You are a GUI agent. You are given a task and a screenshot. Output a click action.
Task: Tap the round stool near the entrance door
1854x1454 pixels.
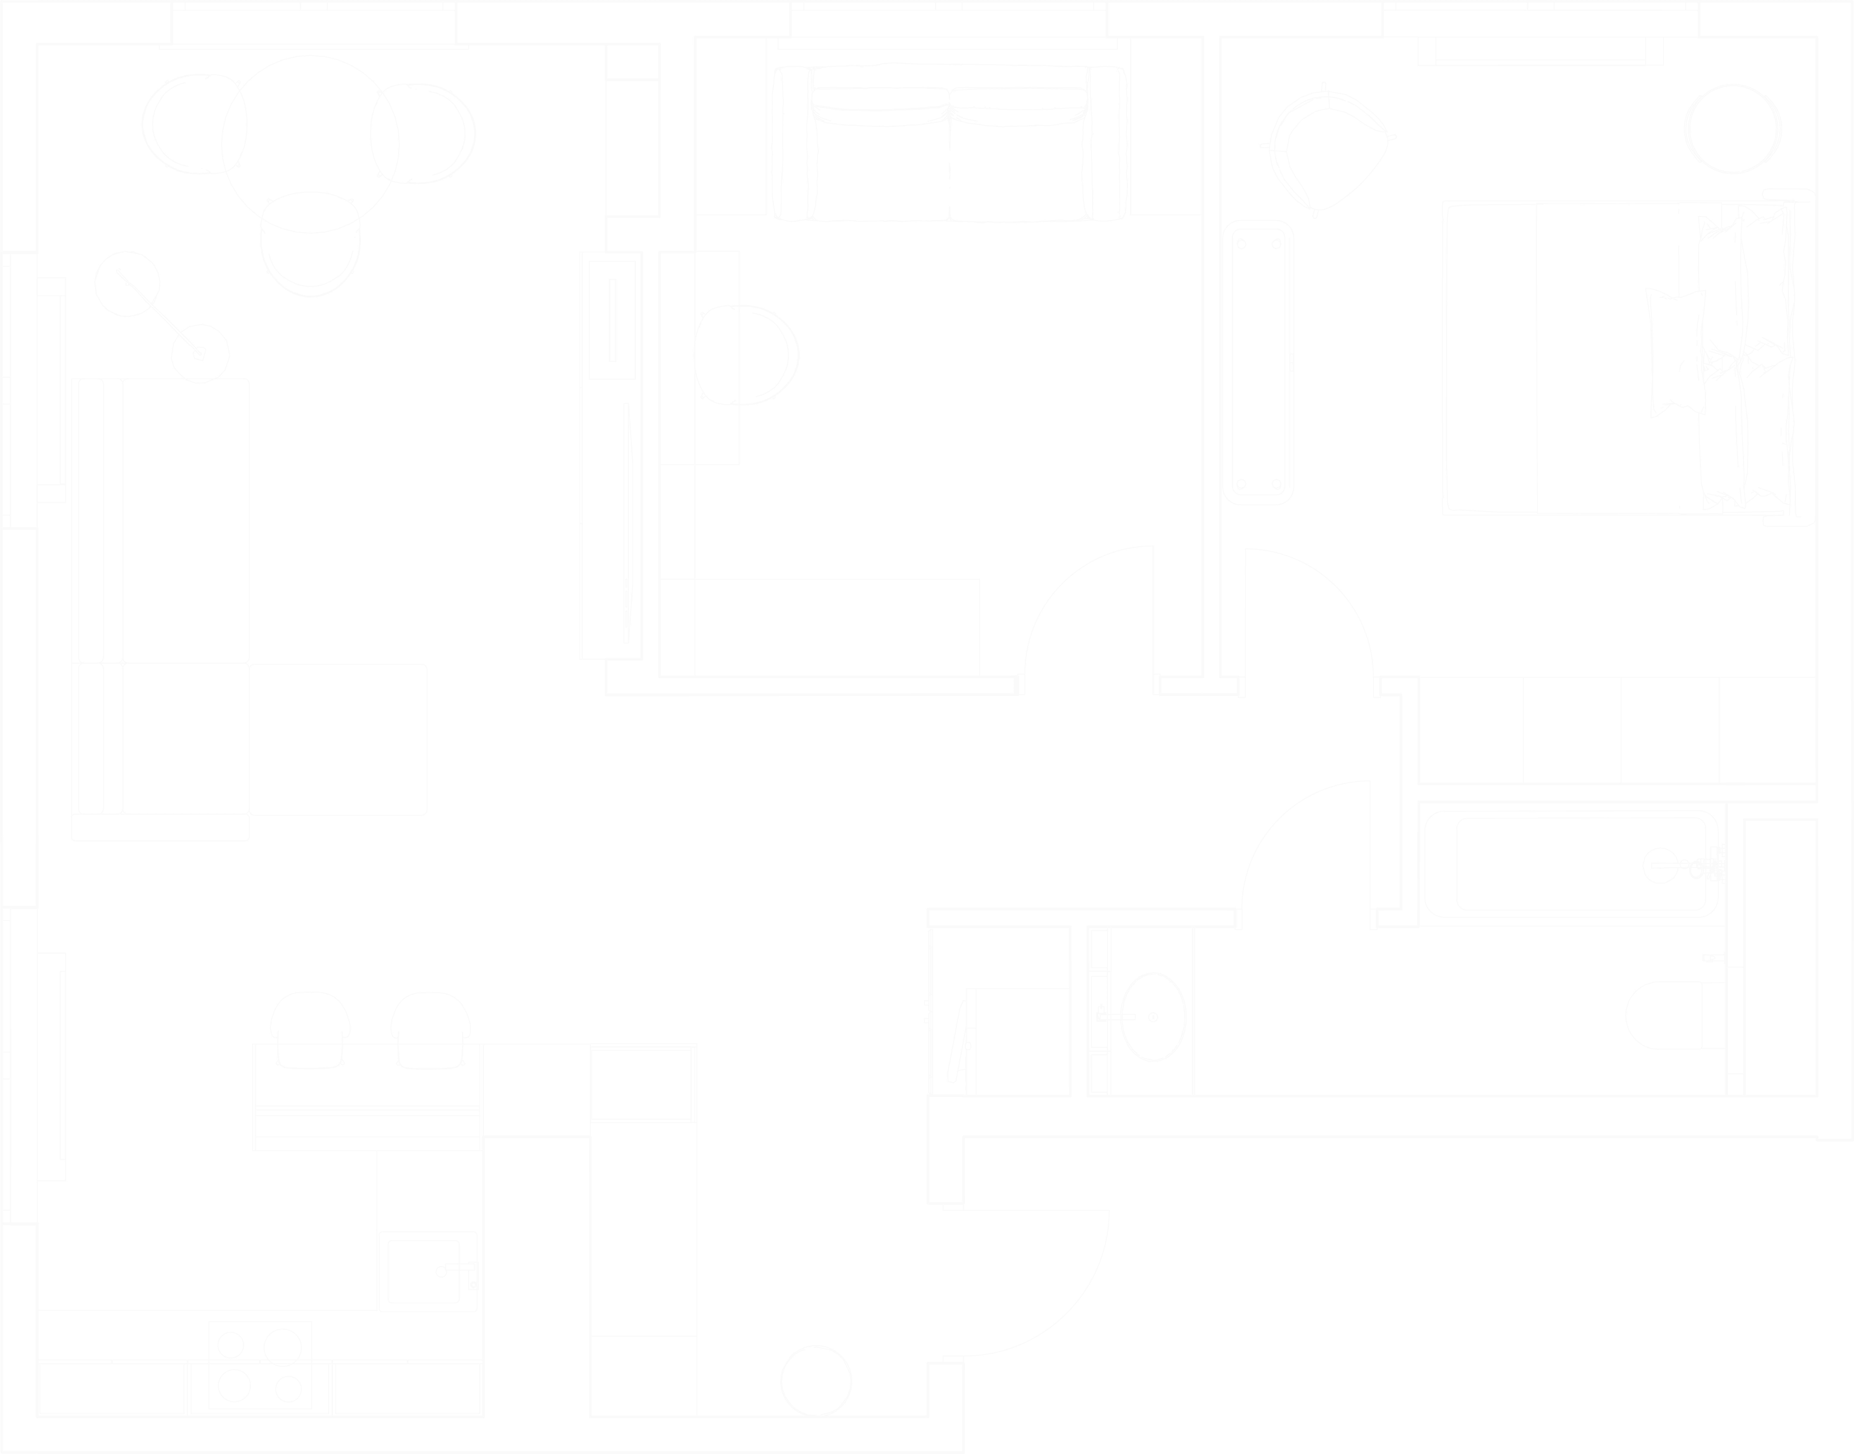(815, 1381)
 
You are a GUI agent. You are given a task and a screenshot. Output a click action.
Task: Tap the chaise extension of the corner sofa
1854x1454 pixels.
(339, 739)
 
